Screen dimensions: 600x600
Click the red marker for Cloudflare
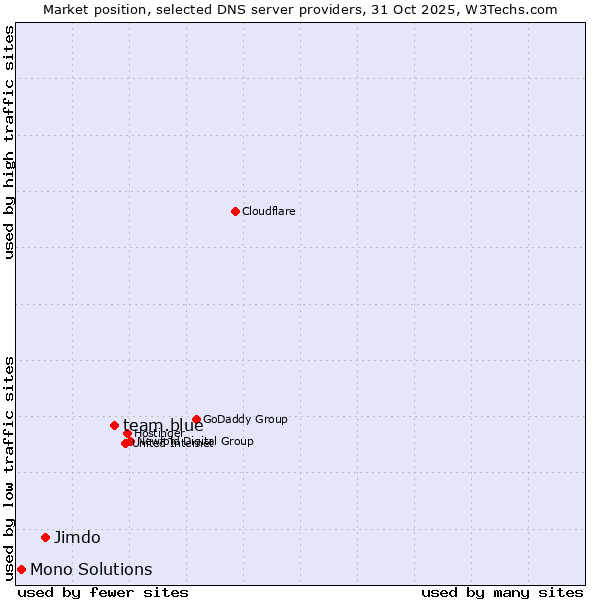point(235,211)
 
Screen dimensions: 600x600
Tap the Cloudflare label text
point(268,211)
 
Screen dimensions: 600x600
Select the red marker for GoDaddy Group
point(196,420)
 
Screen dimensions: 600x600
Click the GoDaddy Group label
point(245,420)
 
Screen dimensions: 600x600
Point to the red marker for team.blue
point(114,425)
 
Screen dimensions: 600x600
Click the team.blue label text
point(163,426)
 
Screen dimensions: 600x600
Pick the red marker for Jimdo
point(45,537)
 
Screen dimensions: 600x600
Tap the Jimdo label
point(77,537)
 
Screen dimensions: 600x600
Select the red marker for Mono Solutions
point(21,569)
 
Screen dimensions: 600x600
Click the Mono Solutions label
point(91,570)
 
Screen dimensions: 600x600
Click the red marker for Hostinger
point(127,433)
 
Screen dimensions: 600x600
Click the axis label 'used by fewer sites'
point(103,592)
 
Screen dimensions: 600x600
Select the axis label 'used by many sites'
point(502,592)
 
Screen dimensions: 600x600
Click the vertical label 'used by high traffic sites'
point(10,142)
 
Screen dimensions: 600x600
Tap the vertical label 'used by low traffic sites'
point(10,467)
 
